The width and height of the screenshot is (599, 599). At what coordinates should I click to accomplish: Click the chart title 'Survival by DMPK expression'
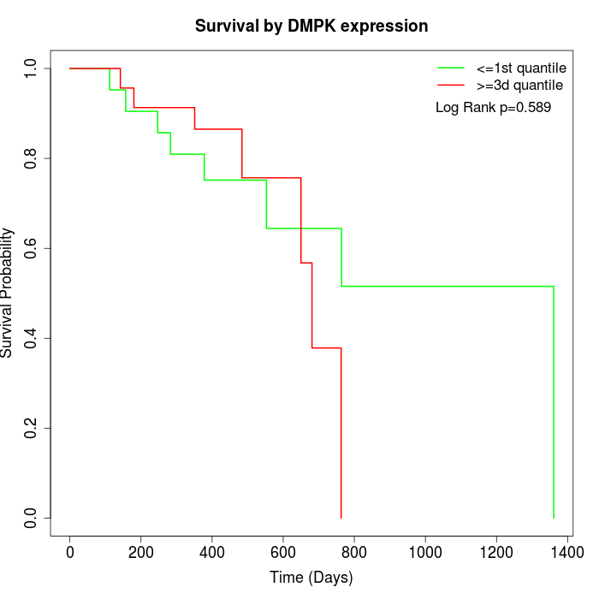tap(311, 26)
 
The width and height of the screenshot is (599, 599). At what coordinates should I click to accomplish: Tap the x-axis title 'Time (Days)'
tap(311, 578)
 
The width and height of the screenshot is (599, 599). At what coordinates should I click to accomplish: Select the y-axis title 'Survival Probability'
tap(8, 293)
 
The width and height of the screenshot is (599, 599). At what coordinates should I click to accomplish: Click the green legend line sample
tap(451, 68)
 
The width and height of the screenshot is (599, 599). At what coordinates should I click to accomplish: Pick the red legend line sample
tap(451, 86)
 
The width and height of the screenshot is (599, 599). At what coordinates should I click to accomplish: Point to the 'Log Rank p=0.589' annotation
tap(493, 108)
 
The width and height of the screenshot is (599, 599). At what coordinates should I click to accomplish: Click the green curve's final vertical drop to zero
tap(554, 402)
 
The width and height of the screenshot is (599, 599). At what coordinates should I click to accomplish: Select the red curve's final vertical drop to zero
tap(341, 432)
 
